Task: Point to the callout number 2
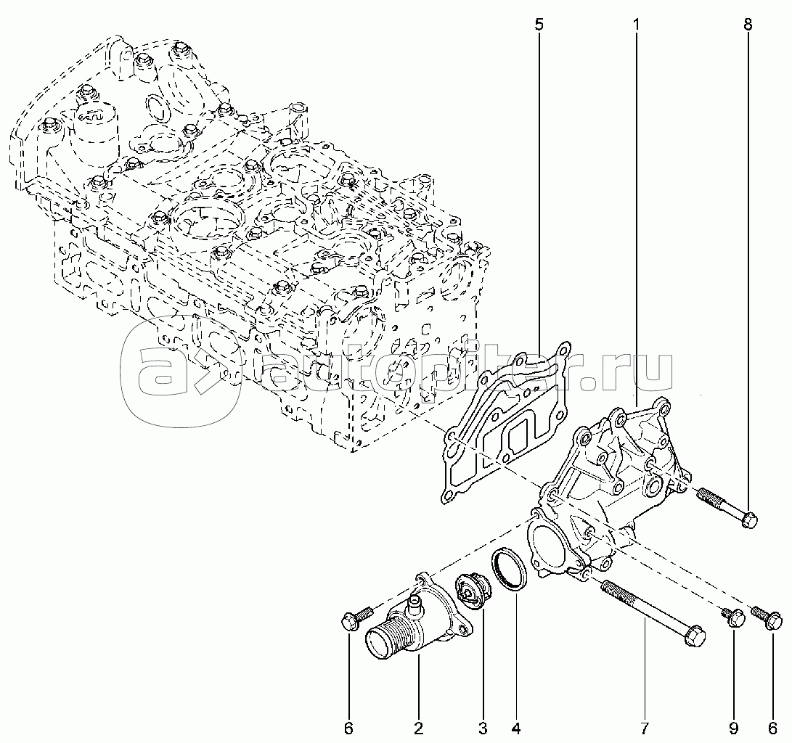419,727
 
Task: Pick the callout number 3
483,727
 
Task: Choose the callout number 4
516,727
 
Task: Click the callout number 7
644,727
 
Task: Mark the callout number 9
733,727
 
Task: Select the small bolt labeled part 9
733,617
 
